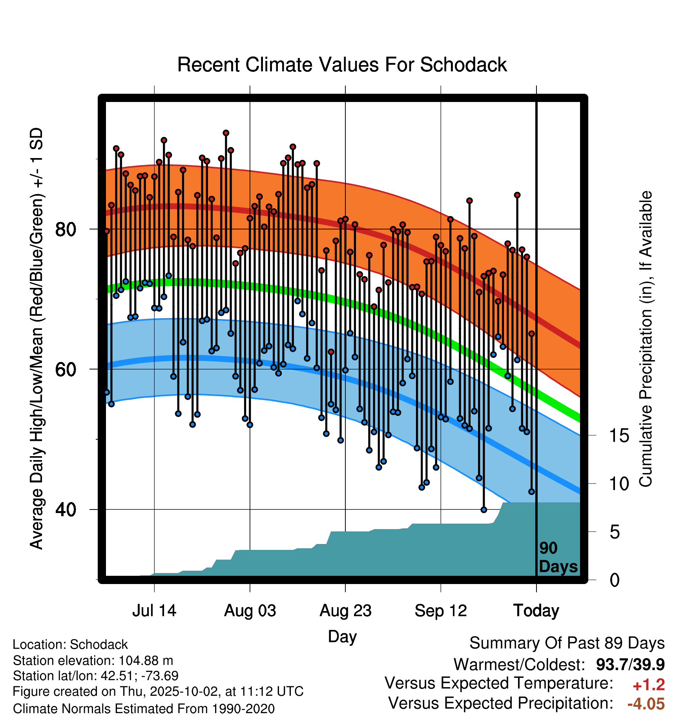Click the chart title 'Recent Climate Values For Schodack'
(x=342, y=65)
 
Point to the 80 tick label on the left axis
(x=66, y=229)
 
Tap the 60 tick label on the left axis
(x=66, y=369)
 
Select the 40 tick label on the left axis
(x=66, y=510)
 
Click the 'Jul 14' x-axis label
(x=154, y=611)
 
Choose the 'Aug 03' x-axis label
(x=250, y=611)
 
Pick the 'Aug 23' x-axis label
(x=345, y=611)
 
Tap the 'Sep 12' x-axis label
(x=441, y=611)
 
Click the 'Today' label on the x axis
(x=536, y=611)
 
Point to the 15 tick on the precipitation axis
(x=619, y=435)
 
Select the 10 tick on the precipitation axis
(x=619, y=484)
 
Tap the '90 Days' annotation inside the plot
(x=558, y=557)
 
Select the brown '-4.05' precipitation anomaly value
(x=646, y=704)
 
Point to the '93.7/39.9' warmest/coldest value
(x=630, y=664)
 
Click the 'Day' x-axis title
(x=342, y=636)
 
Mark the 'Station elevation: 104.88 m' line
(x=93, y=661)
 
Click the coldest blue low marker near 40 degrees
(x=483, y=510)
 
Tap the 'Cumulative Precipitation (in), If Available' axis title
(x=646, y=339)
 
